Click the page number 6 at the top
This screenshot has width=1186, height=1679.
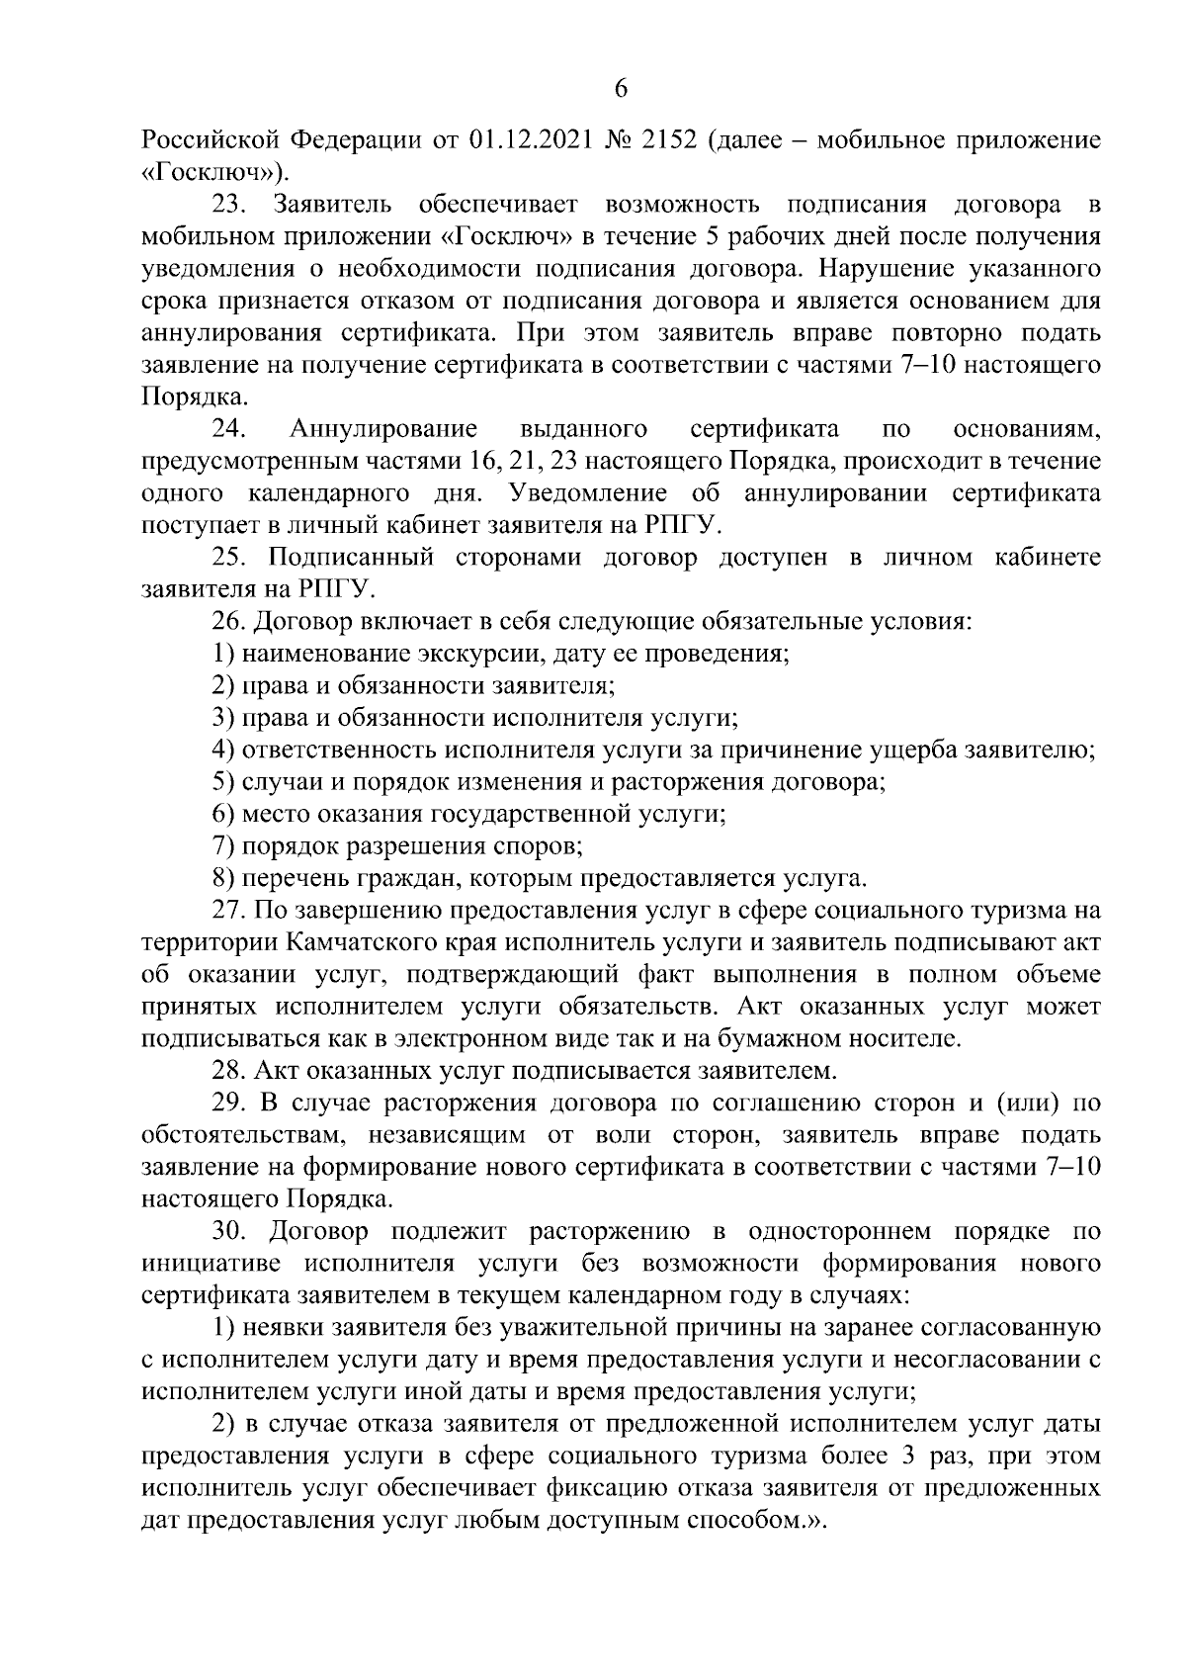pyautogui.click(x=621, y=89)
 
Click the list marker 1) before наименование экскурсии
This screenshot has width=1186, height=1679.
pyautogui.click(x=223, y=654)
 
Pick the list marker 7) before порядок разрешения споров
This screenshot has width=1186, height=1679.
pyautogui.click(x=223, y=846)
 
